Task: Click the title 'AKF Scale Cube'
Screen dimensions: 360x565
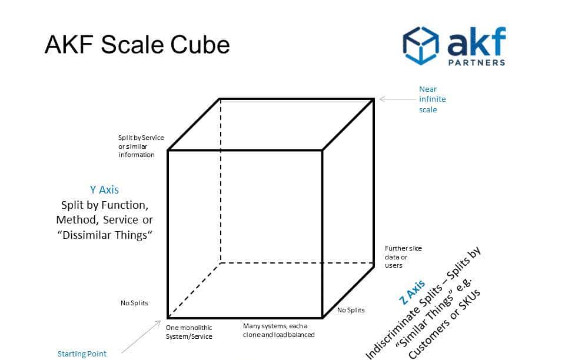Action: (137, 45)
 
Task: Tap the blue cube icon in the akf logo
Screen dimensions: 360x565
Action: (420, 45)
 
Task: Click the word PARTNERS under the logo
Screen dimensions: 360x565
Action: (476, 62)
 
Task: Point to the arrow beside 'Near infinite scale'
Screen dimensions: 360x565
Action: (398, 99)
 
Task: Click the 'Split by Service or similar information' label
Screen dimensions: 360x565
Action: (141, 146)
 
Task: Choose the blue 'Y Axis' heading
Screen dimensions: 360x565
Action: (104, 189)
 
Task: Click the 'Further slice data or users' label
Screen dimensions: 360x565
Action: (403, 256)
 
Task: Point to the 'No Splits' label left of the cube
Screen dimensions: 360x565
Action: (134, 303)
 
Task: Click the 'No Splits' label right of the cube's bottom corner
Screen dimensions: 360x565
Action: (351, 310)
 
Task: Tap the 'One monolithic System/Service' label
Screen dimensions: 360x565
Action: (189, 332)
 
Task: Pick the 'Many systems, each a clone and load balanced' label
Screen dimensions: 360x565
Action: (278, 330)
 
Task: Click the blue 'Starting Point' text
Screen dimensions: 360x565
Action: (82, 354)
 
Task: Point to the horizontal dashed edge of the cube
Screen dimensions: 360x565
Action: (294, 263)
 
